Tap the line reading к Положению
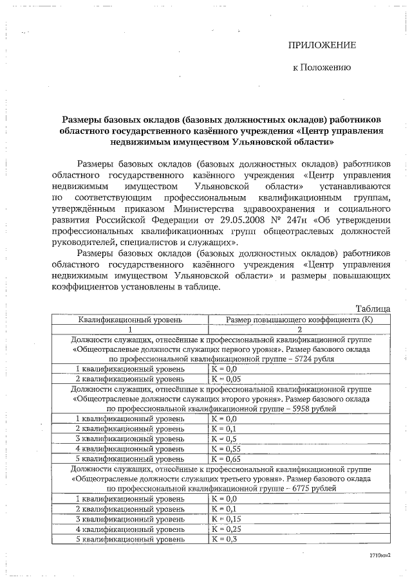click(322, 67)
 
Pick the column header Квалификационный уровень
click(129, 319)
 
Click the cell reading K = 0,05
click(225, 379)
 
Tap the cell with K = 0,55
click(225, 448)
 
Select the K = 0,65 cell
click(225, 459)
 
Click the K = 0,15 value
click(225, 518)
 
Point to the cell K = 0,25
click(225, 529)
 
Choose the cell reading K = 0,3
click(223, 539)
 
